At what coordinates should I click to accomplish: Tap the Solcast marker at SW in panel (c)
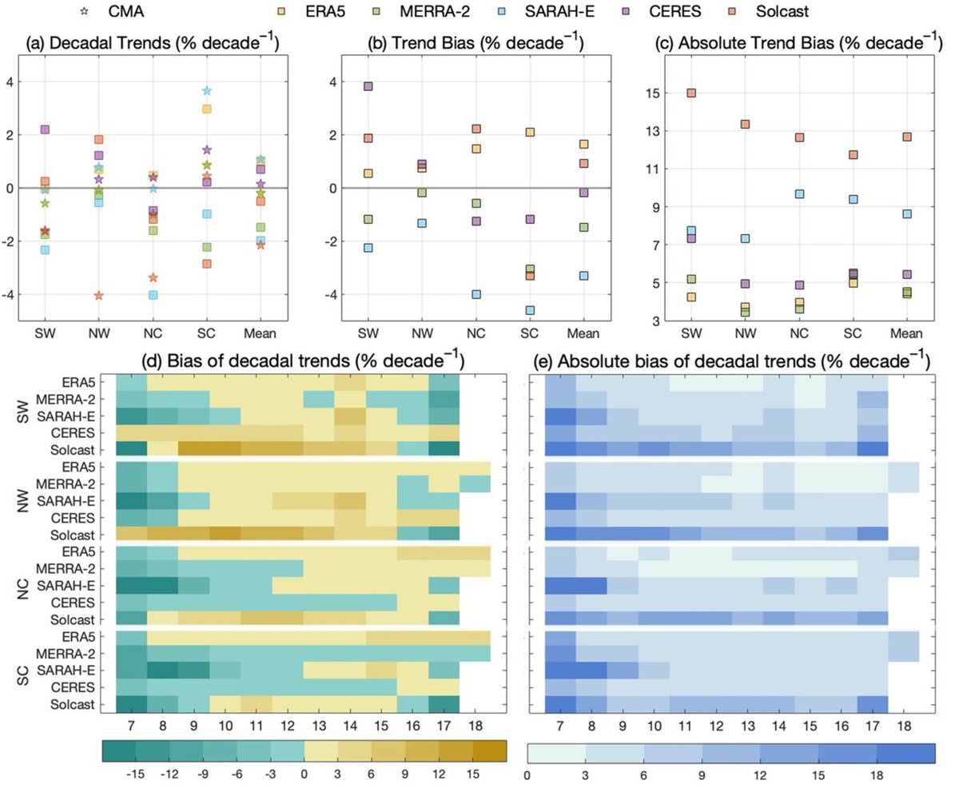pos(691,93)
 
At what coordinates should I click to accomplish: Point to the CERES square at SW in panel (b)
pos(368,86)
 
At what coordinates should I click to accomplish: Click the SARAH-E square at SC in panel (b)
pos(530,310)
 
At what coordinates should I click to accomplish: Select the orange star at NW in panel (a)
pos(99,296)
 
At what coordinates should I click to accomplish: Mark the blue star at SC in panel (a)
pos(207,91)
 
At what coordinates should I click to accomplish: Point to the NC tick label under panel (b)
pos(476,333)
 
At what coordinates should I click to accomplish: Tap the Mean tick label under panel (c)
pos(906,333)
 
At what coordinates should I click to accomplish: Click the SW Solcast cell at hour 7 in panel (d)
pos(131,448)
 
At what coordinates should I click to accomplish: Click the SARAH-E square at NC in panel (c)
pos(799,194)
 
